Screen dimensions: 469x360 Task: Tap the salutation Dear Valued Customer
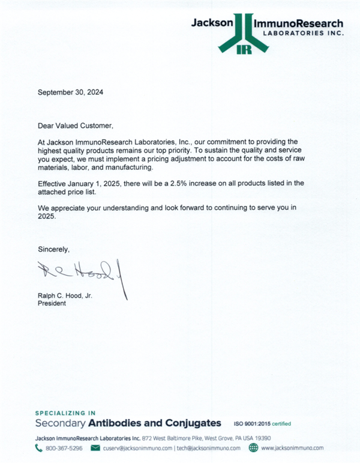(75, 126)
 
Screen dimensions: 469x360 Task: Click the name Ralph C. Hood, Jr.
(65, 296)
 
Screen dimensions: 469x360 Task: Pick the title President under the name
(52, 304)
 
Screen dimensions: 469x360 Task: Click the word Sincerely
(53, 249)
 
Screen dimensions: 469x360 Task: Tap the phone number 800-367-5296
(64, 448)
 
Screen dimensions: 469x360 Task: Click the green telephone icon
(39, 448)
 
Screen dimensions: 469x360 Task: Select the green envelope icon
(95, 448)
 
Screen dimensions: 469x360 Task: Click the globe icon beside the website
(253, 448)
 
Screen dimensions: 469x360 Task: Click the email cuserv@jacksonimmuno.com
(137, 448)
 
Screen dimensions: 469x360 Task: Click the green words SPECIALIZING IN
(66, 413)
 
